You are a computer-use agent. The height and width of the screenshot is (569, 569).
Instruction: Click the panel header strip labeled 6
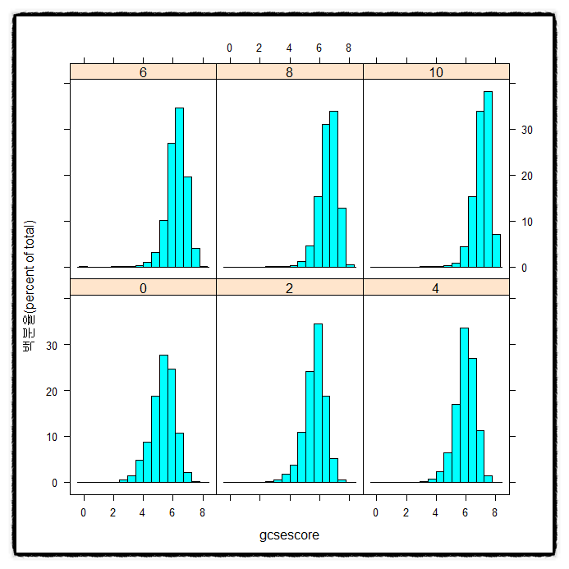(x=144, y=72)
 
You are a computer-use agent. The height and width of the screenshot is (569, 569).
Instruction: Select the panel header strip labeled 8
(x=289, y=72)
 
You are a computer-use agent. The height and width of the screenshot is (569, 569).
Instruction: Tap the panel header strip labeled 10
(x=436, y=72)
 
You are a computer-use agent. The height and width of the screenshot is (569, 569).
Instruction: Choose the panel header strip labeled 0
(x=144, y=287)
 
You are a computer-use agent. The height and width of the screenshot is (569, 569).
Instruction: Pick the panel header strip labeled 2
(x=289, y=287)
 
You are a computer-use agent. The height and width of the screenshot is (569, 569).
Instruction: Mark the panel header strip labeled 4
(x=436, y=287)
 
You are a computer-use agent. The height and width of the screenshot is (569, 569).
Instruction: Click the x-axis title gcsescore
(x=289, y=535)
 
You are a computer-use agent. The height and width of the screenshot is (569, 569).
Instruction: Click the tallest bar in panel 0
(x=163, y=418)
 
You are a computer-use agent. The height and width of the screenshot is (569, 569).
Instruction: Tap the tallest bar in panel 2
(x=318, y=402)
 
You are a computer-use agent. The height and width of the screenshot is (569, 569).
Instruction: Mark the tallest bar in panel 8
(x=333, y=189)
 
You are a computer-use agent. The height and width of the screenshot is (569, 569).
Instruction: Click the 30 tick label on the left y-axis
(x=53, y=346)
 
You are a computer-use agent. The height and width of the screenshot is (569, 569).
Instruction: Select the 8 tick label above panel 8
(x=348, y=48)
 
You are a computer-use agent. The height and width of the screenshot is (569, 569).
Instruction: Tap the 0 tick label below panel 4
(x=376, y=512)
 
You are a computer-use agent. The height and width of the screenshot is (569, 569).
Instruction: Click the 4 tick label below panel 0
(x=143, y=512)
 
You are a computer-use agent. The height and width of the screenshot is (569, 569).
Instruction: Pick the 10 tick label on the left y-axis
(x=53, y=437)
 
